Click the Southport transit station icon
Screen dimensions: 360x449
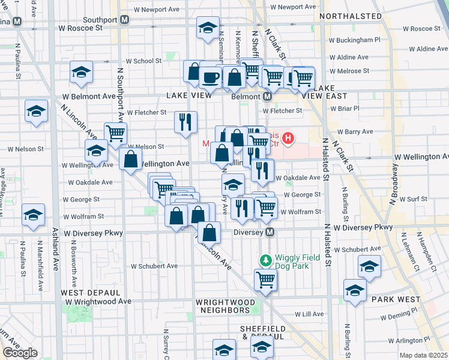125,19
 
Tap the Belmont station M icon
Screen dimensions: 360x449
268,96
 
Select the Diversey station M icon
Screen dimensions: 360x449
270,232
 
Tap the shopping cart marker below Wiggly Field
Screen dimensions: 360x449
265,279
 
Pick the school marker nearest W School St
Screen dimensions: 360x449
80,73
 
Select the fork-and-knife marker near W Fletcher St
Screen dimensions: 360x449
185,121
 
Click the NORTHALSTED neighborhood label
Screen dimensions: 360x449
351,16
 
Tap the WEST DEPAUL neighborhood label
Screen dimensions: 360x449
84,292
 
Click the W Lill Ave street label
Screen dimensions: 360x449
310,314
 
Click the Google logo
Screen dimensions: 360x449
20,353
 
